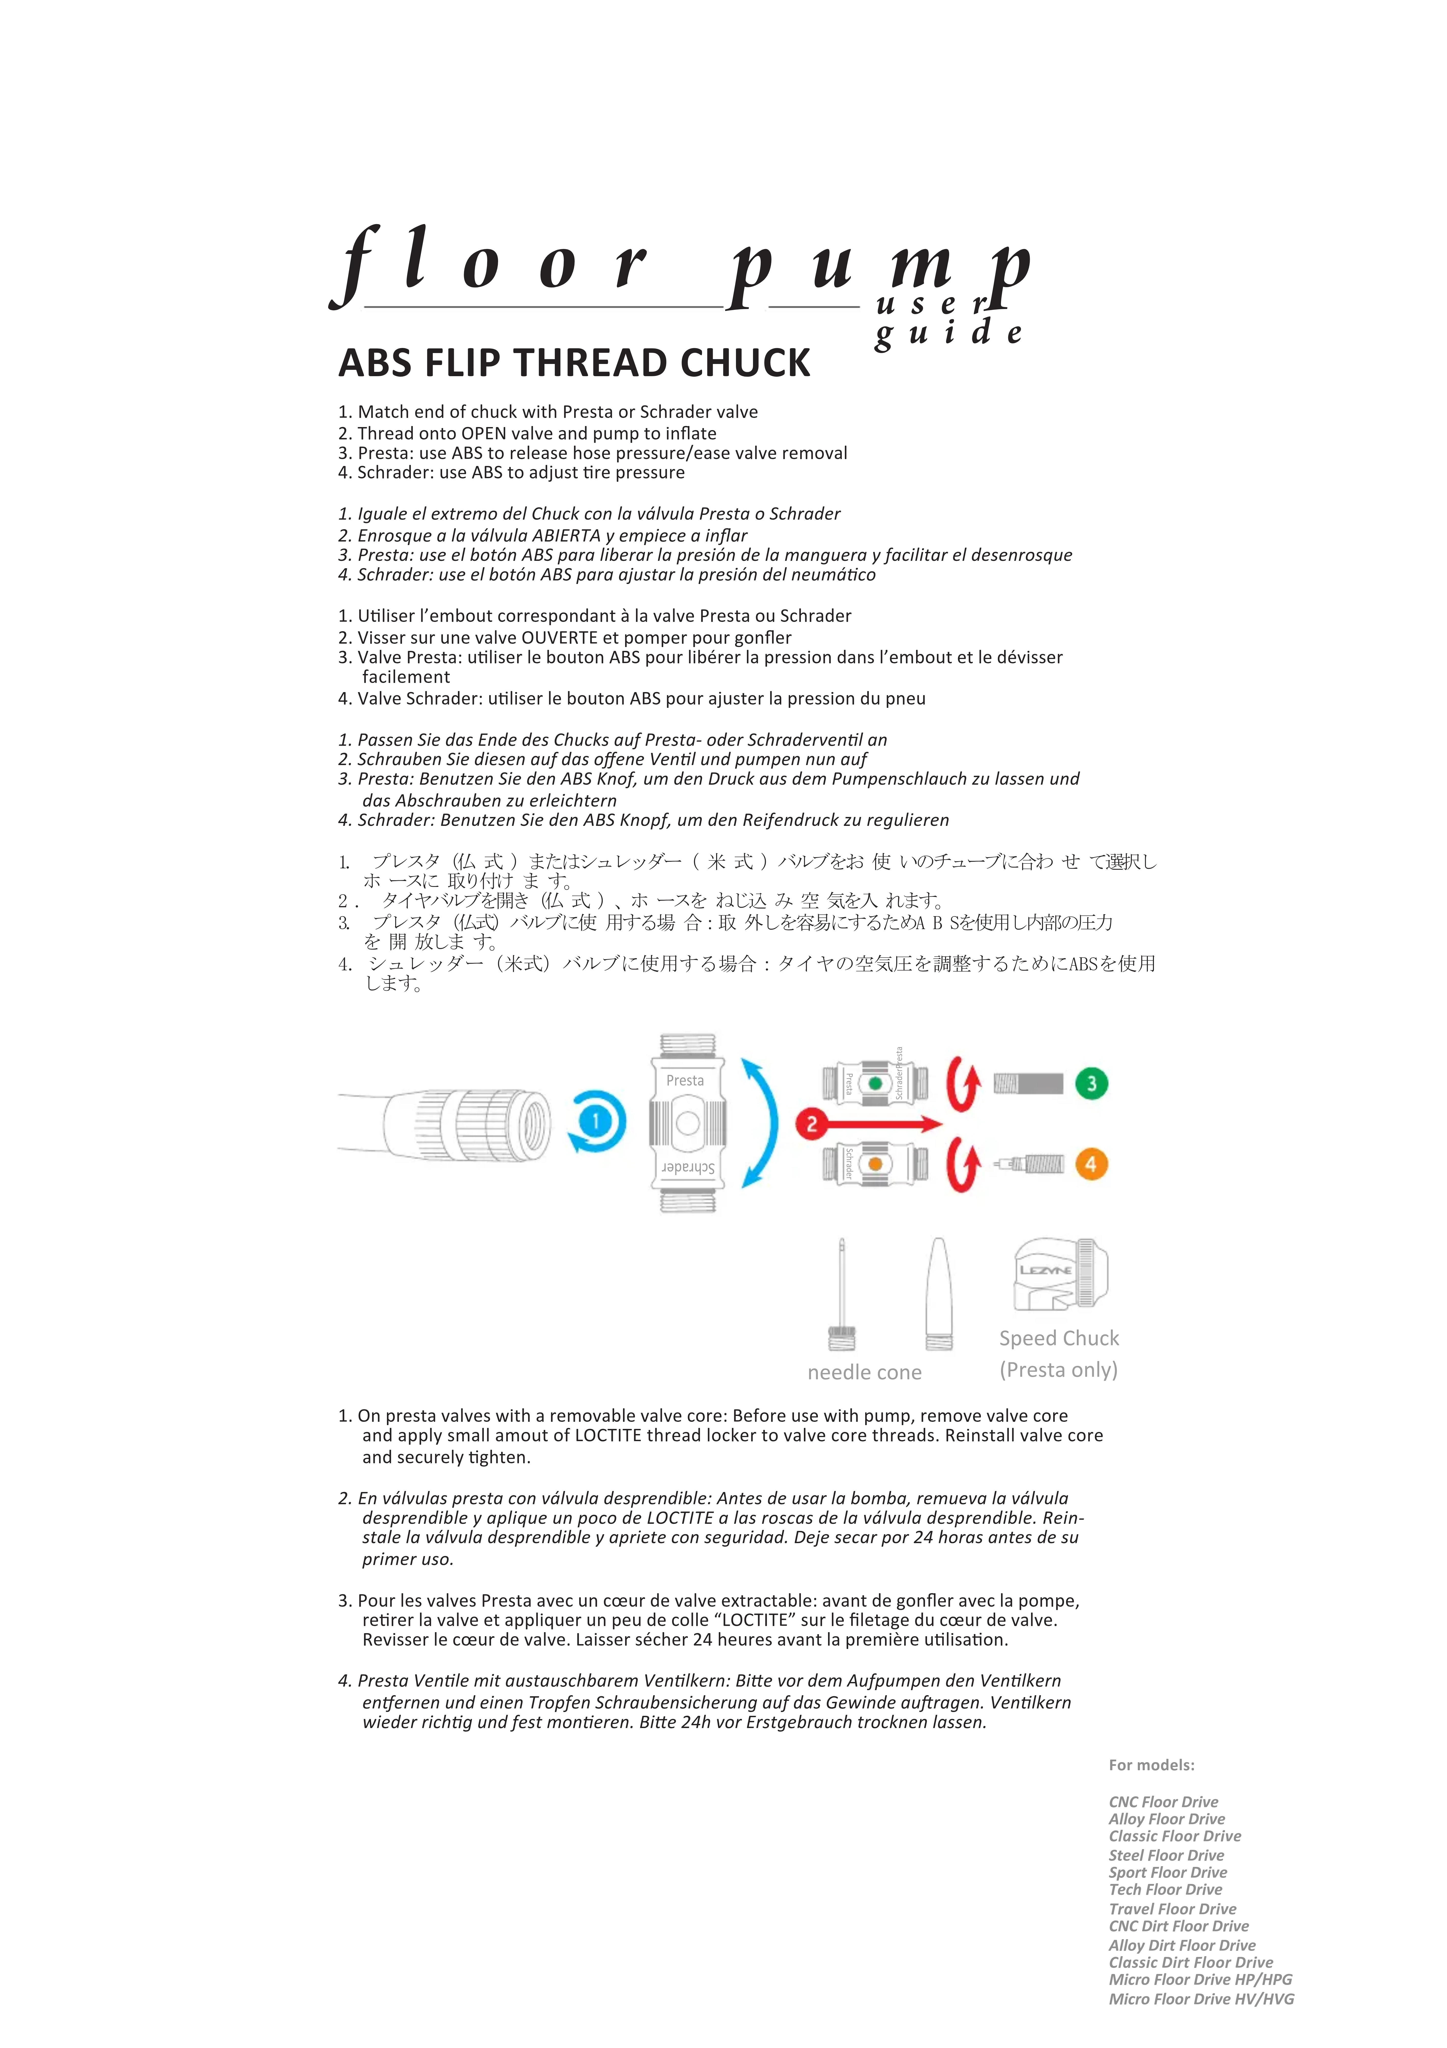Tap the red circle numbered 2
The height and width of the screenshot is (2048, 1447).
click(811, 1124)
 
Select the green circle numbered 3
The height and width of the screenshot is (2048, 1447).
click(1091, 1084)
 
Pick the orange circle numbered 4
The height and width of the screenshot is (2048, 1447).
click(1091, 1164)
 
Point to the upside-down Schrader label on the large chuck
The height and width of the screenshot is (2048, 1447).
click(688, 1168)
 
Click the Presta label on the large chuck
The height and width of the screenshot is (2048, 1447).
click(685, 1080)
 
